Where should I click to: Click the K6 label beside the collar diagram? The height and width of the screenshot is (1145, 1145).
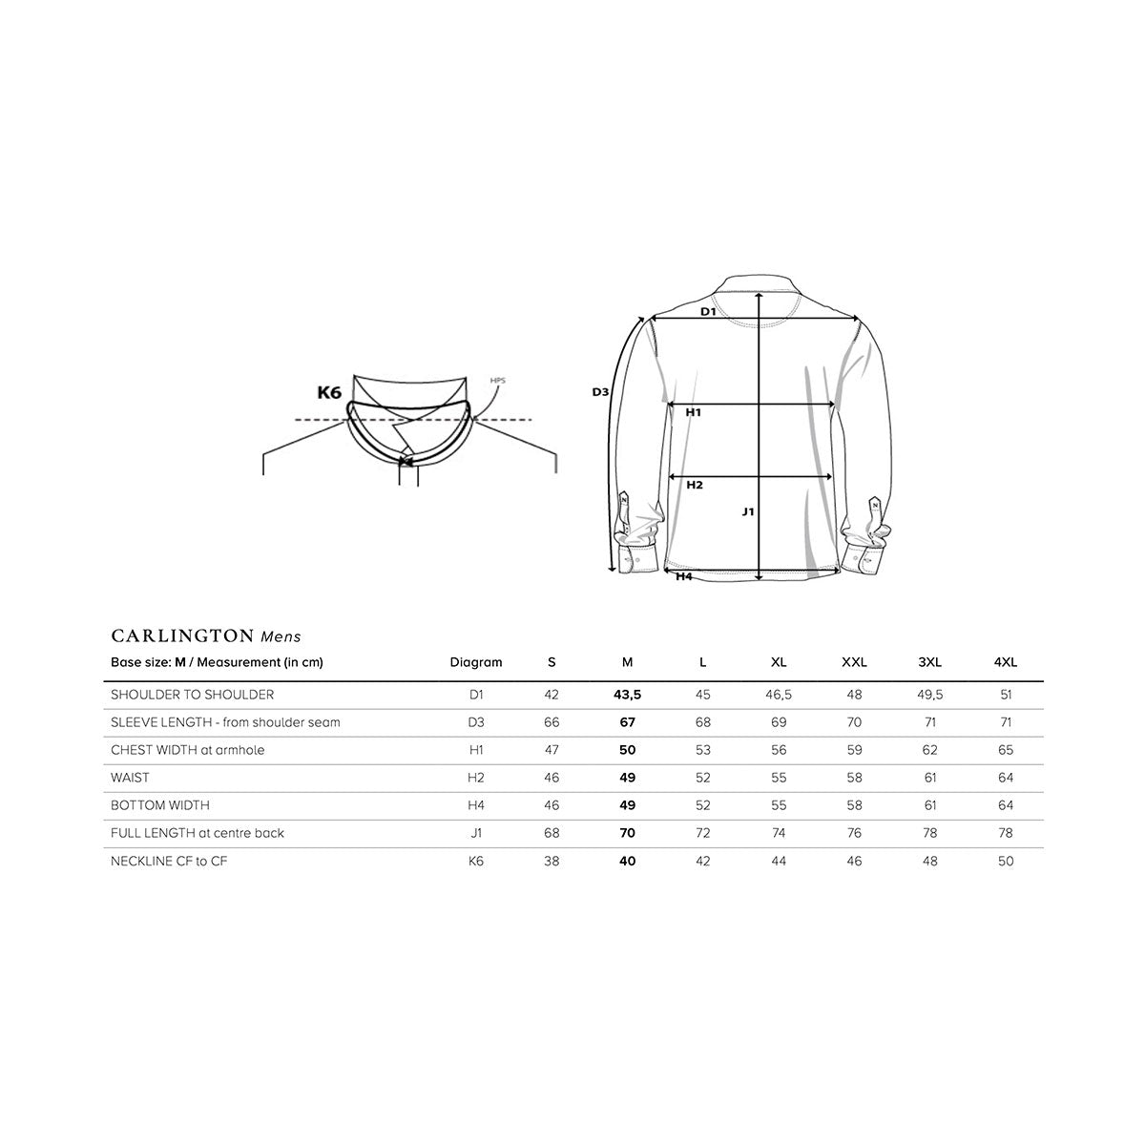click(329, 392)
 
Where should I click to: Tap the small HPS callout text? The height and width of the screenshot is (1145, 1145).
click(497, 381)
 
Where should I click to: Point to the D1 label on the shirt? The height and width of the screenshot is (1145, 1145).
click(708, 311)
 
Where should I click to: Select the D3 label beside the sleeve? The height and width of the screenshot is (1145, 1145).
click(600, 392)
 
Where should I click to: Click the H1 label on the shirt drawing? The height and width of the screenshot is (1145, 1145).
click(694, 412)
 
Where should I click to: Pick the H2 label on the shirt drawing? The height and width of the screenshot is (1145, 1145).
click(695, 485)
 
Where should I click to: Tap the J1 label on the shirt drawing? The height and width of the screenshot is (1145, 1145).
click(748, 511)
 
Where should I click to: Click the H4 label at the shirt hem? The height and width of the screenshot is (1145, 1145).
click(684, 576)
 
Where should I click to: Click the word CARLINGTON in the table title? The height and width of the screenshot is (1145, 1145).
click(182, 635)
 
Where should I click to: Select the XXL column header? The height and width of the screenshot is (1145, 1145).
click(854, 662)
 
